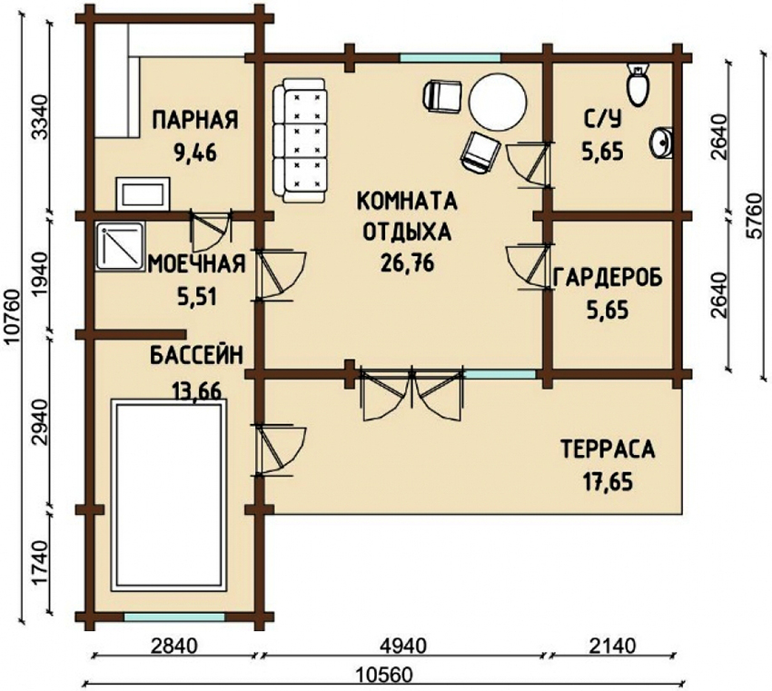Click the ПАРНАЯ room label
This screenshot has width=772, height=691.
[195, 120]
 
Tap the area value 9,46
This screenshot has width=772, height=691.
[195, 151]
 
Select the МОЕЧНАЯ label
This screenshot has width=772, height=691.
[196, 264]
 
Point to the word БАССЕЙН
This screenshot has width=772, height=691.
[196, 355]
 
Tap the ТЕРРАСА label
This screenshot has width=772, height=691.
[607, 449]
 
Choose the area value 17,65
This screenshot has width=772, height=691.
[607, 480]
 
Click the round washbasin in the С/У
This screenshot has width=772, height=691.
[661, 143]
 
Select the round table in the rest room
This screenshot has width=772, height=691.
[496, 103]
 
